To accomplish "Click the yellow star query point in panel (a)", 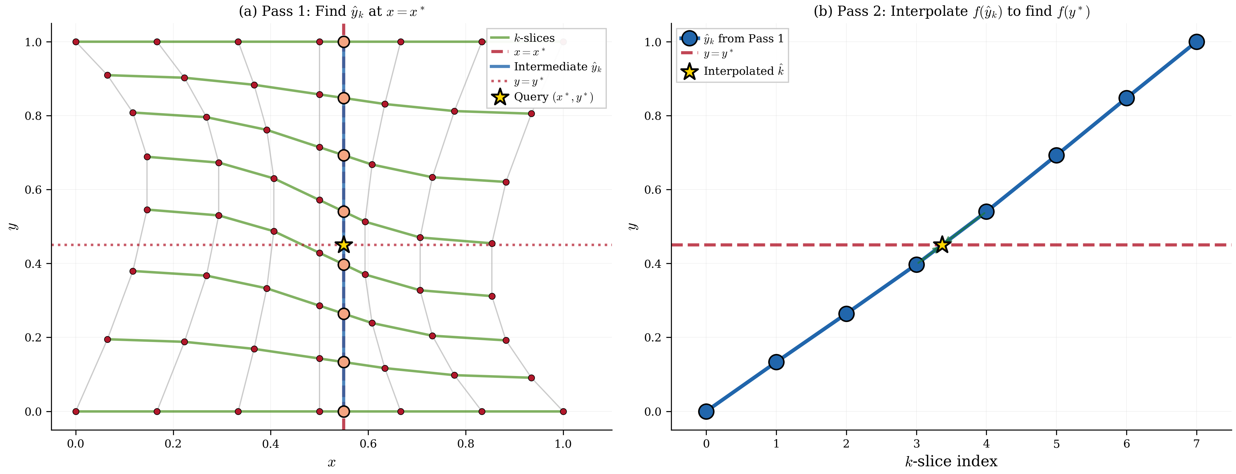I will pyautogui.click(x=344, y=245).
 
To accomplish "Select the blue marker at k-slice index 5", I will pyautogui.click(x=1056, y=155).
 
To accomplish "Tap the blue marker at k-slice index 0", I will pyautogui.click(x=706, y=411).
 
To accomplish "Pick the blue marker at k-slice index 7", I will pyautogui.click(x=1197, y=42).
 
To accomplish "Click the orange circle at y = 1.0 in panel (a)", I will pyautogui.click(x=344, y=42).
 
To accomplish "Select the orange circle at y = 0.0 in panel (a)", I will pyautogui.click(x=344, y=411).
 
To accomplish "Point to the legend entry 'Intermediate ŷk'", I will pyautogui.click(x=557, y=67).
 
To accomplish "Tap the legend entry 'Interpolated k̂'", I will pyautogui.click(x=743, y=72).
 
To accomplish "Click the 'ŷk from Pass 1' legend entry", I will pyautogui.click(x=743, y=39).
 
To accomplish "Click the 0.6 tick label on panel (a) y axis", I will pyautogui.click(x=34, y=190).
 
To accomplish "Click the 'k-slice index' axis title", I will pyautogui.click(x=951, y=461).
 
